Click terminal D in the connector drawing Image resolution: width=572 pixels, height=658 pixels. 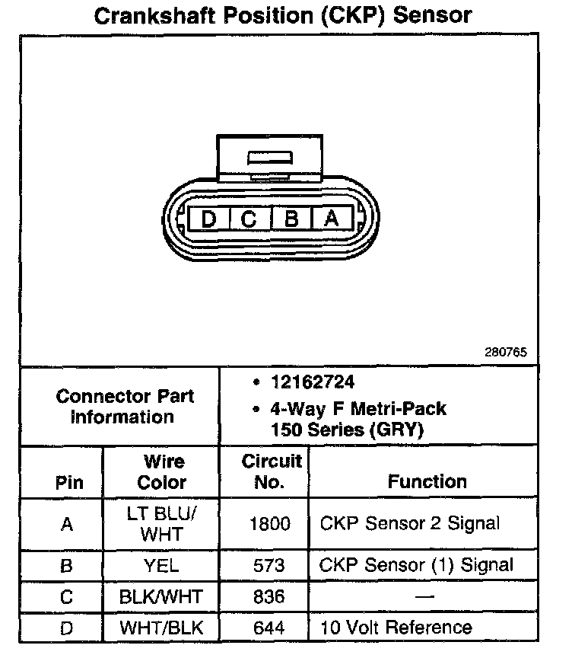[208, 219]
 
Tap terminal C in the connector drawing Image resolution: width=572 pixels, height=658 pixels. [249, 219]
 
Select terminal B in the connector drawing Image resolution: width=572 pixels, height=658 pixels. [291, 219]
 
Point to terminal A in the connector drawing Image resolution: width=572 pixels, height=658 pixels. [331, 219]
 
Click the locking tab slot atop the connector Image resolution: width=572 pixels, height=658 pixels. [270, 158]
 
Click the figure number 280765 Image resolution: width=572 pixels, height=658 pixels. [505, 353]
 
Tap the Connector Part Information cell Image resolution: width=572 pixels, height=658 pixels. [125, 406]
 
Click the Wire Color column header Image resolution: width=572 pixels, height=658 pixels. [162, 471]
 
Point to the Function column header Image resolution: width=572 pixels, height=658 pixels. [427, 481]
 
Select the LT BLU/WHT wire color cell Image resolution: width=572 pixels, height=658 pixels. [161, 523]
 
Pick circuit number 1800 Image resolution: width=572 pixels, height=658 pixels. [270, 524]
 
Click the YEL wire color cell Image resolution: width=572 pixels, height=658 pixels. [161, 565]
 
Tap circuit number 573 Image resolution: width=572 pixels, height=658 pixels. [270, 565]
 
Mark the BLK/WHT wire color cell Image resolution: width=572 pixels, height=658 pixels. [161, 597]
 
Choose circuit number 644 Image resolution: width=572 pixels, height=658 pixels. [270, 628]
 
